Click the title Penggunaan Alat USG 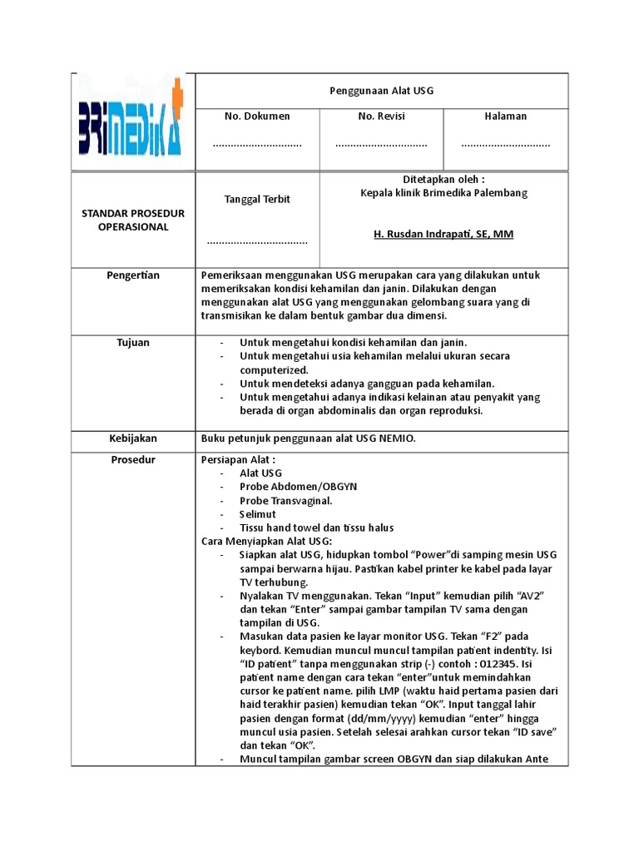coord(381,90)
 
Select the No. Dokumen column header coord(257,116)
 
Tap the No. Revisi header coord(381,116)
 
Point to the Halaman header coord(506,116)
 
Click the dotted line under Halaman coord(506,145)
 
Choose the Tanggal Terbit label coord(257,200)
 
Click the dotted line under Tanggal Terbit coord(257,242)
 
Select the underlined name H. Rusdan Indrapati coord(443,235)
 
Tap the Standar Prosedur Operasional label coord(133,220)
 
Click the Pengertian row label coord(133,275)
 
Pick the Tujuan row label coord(133,343)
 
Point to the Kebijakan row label coord(133,438)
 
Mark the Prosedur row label coord(133,460)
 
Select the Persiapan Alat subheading coord(238,460)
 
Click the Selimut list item coord(258,514)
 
